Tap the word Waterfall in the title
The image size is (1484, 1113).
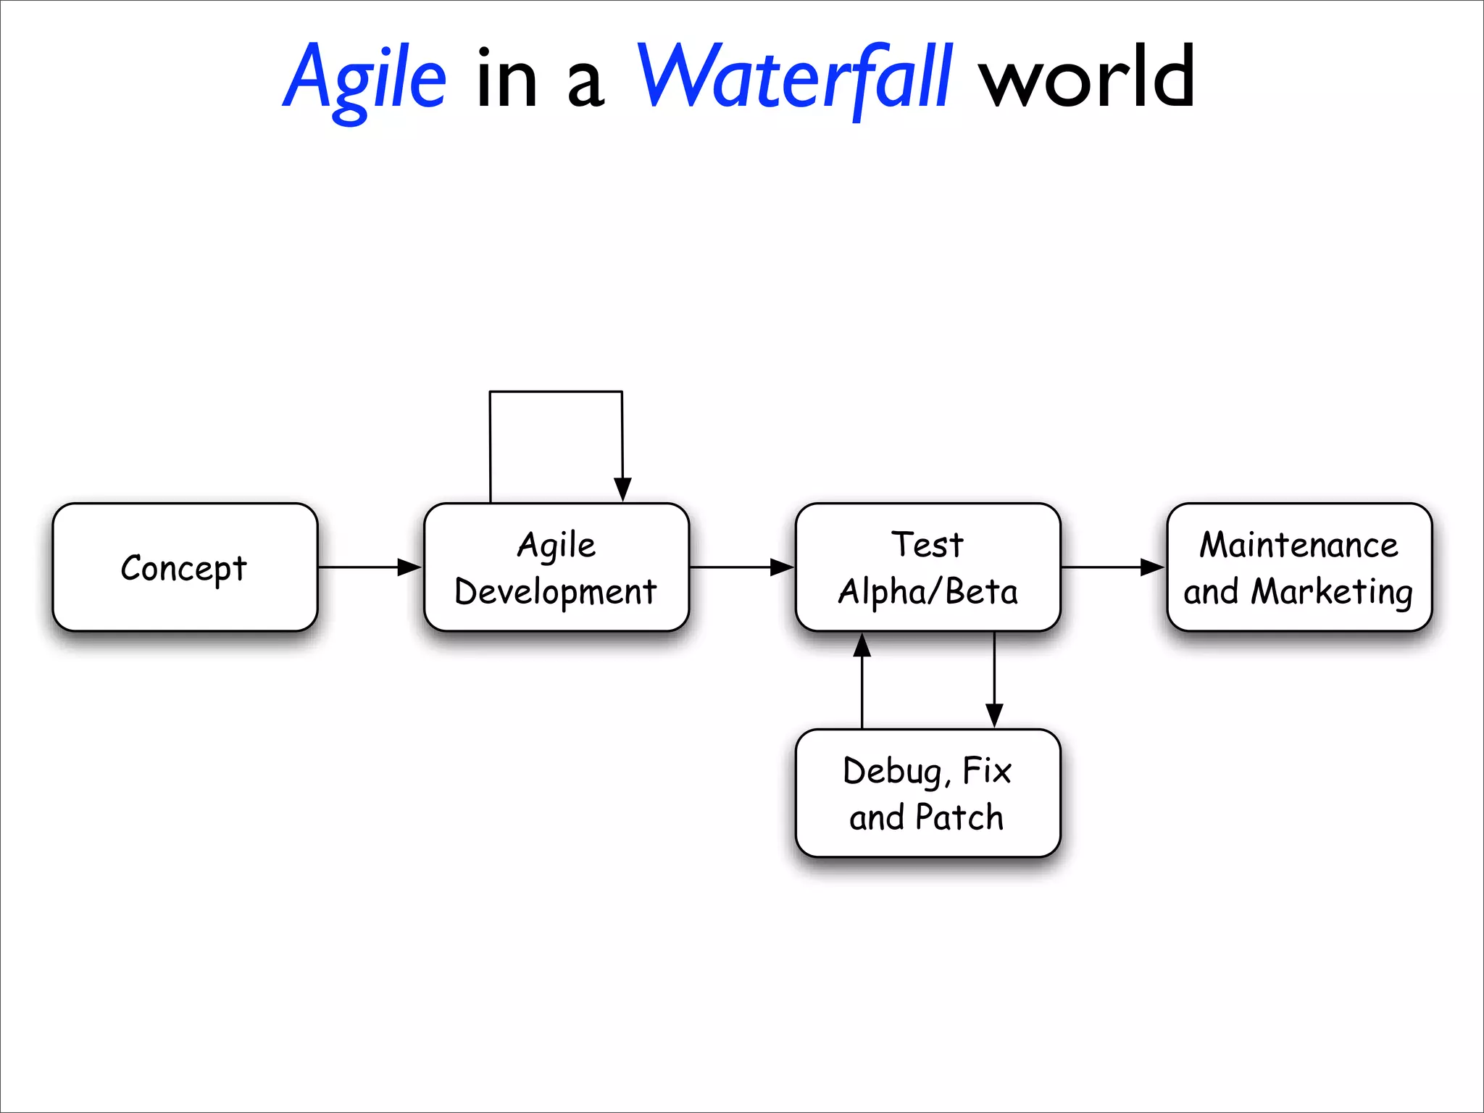[x=793, y=78]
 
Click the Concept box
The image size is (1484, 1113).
[x=185, y=567]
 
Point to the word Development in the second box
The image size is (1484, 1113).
[x=555, y=592]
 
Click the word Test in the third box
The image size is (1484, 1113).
[x=927, y=545]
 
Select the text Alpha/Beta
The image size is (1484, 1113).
[x=927, y=592]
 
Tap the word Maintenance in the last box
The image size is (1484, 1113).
[x=1298, y=545]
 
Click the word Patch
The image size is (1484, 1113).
[x=959, y=817]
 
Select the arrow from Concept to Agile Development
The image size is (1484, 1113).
[x=370, y=567]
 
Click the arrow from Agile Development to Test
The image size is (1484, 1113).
[x=741, y=567]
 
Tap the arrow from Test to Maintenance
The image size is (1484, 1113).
[x=1112, y=567]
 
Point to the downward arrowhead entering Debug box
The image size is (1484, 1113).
[x=994, y=715]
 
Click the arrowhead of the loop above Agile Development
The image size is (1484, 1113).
[x=622, y=489]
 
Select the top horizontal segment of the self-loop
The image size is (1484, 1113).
[x=556, y=392]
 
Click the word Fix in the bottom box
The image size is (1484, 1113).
[x=986, y=770]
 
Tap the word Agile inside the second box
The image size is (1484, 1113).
[x=556, y=545]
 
